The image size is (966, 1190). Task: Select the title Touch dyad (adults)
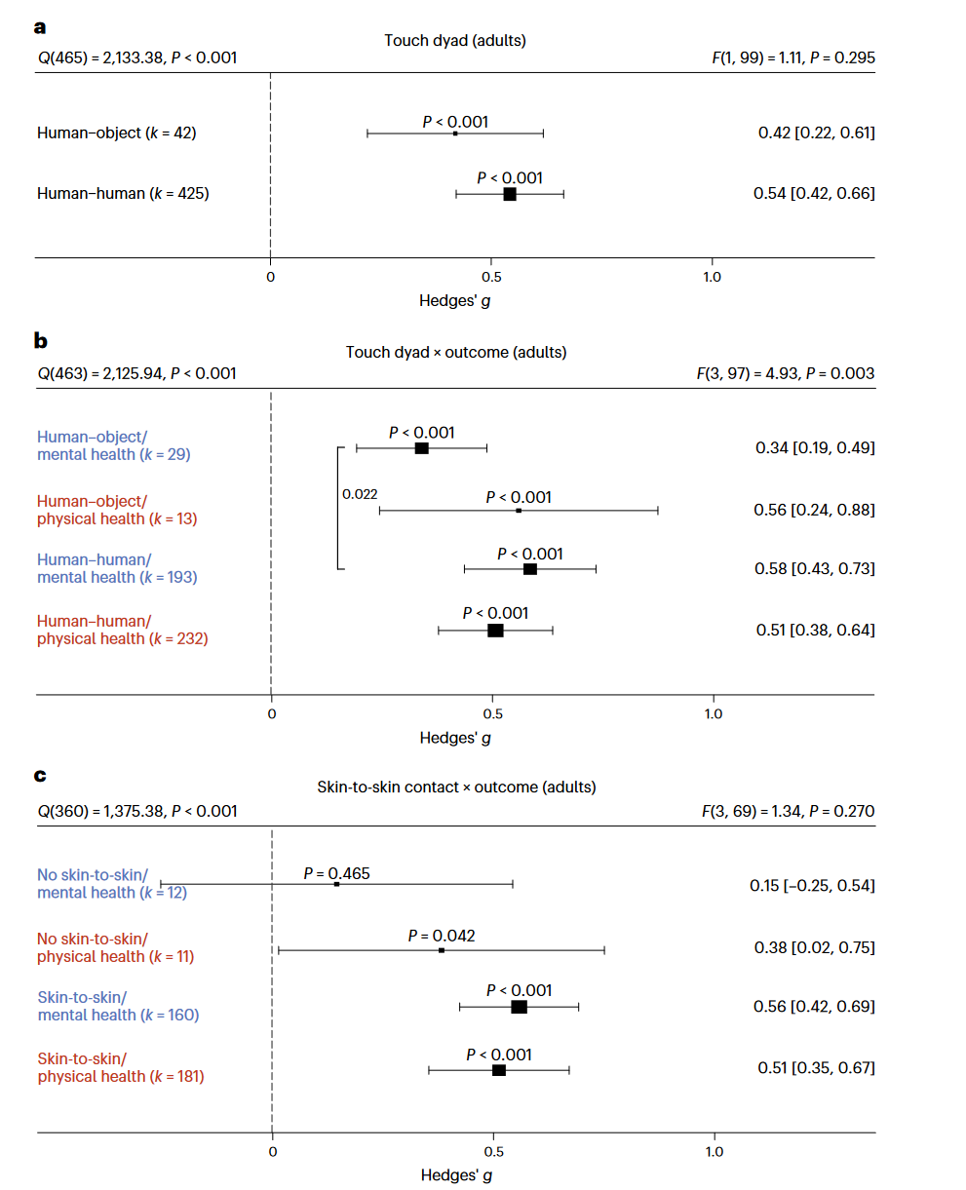pos(455,40)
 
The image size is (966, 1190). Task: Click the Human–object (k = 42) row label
pos(117,133)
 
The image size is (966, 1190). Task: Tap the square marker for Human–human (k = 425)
pos(510,194)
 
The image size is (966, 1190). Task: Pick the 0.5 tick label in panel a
pos(490,277)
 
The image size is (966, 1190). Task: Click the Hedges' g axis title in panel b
pos(455,738)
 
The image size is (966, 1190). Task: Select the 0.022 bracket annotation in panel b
pos(360,494)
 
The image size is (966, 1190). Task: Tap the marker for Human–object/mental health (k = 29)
pos(421,448)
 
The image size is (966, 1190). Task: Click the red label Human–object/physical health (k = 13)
pos(117,510)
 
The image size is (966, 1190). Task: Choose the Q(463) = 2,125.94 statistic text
pos(136,373)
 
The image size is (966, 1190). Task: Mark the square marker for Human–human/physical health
pos(495,631)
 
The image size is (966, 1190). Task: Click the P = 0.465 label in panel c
pos(336,873)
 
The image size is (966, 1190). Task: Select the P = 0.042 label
pos(442,936)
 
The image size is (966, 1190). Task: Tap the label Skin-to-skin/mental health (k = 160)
pos(118,1006)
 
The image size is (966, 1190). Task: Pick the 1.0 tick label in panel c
pos(715,1152)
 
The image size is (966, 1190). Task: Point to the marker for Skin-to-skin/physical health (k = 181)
pos(499,1070)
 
